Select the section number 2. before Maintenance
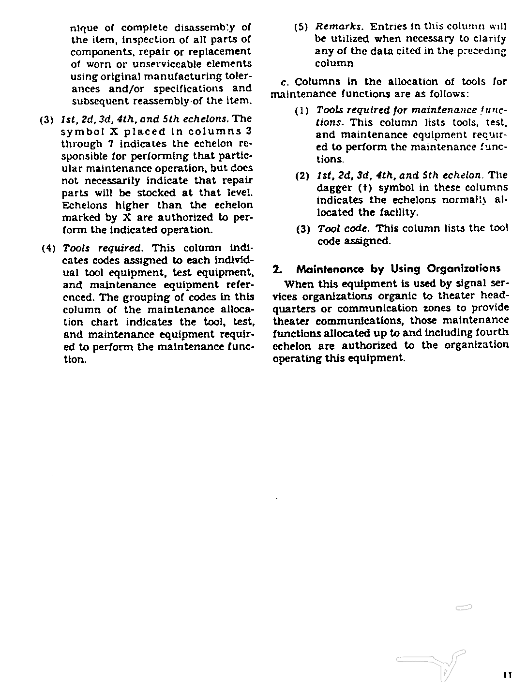(277, 268)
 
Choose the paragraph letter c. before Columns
(284, 82)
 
